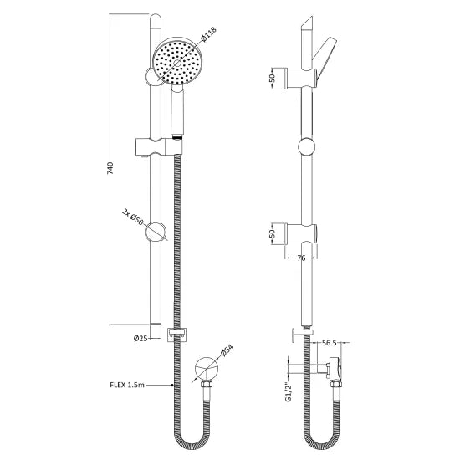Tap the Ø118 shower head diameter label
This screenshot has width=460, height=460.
(209, 38)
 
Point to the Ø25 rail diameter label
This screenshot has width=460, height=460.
(141, 338)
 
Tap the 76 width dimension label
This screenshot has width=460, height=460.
(303, 258)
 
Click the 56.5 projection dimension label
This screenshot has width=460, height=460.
(329, 341)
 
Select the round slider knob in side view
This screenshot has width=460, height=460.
(307, 151)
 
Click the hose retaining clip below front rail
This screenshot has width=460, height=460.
(176, 335)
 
